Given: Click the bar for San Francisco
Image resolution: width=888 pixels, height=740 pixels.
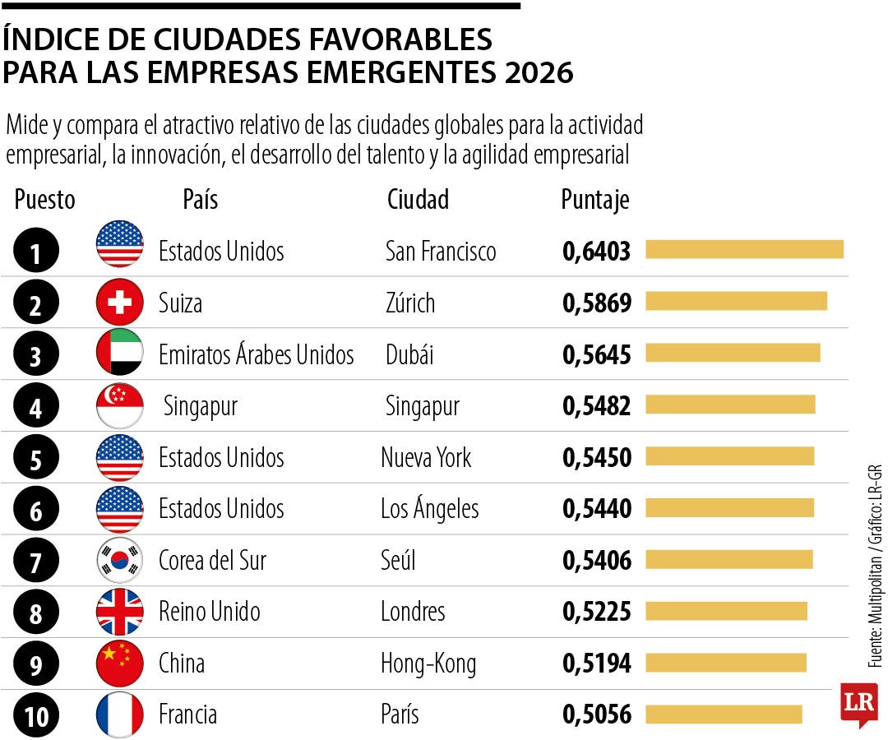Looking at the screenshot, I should pyautogui.click(x=744, y=249).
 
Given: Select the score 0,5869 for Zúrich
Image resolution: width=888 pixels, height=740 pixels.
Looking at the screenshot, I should pyautogui.click(x=597, y=303).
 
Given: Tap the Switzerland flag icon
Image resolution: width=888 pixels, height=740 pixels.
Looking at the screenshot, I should pyautogui.click(x=119, y=303).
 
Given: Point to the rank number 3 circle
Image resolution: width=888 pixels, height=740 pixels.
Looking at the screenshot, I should pyautogui.click(x=36, y=355).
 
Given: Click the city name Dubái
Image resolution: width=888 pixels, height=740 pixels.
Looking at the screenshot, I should pyautogui.click(x=409, y=354).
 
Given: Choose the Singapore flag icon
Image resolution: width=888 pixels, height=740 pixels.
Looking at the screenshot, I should pyautogui.click(x=119, y=406).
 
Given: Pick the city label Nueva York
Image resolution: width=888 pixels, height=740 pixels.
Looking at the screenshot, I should pyautogui.click(x=426, y=457).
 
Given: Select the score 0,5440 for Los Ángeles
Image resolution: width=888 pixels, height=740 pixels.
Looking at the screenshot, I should pyautogui.click(x=597, y=509).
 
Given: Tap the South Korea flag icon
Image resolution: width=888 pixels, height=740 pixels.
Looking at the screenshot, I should pyautogui.click(x=119, y=561).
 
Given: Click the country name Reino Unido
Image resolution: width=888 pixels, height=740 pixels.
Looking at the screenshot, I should pyautogui.click(x=209, y=612).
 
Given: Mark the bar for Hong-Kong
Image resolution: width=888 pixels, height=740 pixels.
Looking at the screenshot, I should pyautogui.click(x=726, y=663).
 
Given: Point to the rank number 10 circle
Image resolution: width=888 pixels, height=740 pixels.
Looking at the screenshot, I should pyautogui.click(x=36, y=715).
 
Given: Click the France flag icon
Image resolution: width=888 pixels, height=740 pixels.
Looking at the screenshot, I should pyautogui.click(x=119, y=715).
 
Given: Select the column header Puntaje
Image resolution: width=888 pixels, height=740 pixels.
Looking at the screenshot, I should pyautogui.click(x=595, y=200).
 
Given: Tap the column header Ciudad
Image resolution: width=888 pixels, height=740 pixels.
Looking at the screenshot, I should pyautogui.click(x=418, y=200).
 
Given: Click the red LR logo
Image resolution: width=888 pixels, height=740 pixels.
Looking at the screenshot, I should pyautogui.click(x=858, y=704).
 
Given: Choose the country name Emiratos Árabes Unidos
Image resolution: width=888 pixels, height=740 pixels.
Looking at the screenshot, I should pyautogui.click(x=256, y=354).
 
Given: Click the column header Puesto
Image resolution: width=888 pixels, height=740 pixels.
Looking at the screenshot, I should pyautogui.click(x=44, y=200).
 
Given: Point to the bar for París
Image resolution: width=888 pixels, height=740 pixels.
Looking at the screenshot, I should pyautogui.click(x=724, y=715).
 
